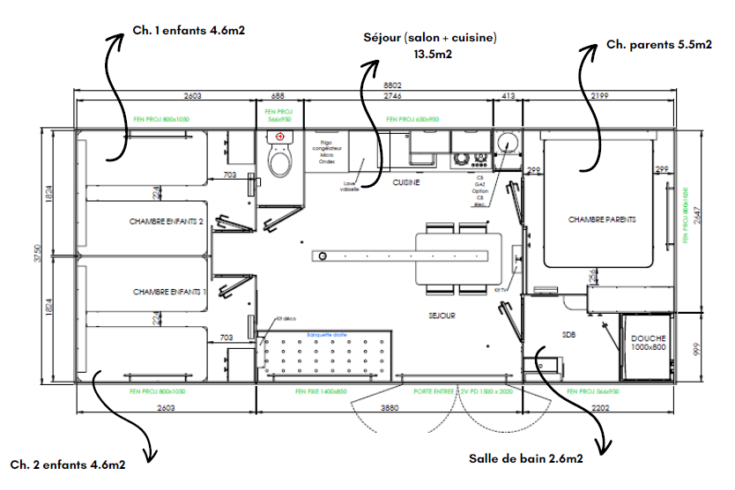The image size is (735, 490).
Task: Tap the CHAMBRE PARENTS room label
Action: coord(602,219)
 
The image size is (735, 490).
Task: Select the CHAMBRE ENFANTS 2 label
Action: coord(167,222)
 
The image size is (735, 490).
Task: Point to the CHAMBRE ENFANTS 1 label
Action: coord(169,291)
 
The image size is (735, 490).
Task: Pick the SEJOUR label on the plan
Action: coord(442,315)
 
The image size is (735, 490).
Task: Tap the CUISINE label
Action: coord(405,182)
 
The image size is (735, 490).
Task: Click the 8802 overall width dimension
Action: coord(379,85)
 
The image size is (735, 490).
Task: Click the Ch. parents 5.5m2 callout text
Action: coord(659,46)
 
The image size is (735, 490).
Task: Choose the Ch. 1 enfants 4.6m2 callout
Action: coord(189,30)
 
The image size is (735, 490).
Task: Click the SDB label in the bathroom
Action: coord(568,334)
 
